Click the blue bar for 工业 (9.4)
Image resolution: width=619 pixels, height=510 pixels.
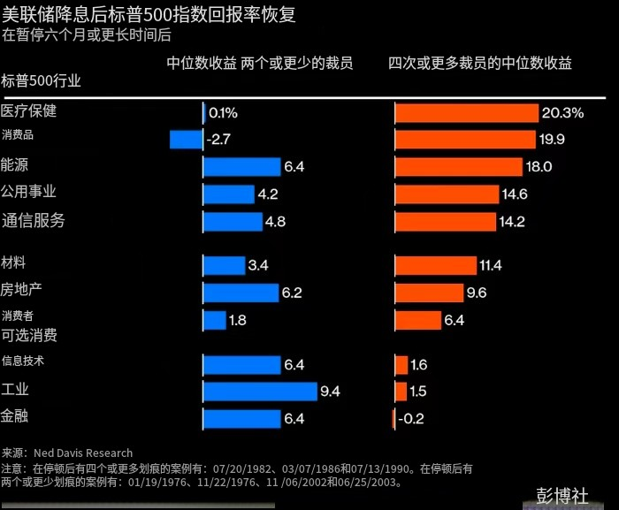click(x=260, y=391)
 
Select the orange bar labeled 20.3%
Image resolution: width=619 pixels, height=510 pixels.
click(x=466, y=112)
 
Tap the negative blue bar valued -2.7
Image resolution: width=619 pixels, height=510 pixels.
click(x=186, y=139)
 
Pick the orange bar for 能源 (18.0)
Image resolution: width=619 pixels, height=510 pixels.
click(x=459, y=166)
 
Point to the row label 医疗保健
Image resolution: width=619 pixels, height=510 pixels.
click(x=29, y=111)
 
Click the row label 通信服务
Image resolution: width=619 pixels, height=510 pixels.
click(x=34, y=220)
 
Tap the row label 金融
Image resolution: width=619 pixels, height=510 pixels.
click(x=15, y=415)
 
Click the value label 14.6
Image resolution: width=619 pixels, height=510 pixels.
click(x=514, y=194)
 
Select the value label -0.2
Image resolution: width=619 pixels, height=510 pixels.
click(x=411, y=419)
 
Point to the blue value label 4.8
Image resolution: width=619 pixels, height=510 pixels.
click(x=275, y=222)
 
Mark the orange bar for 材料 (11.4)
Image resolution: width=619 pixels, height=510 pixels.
click(x=435, y=265)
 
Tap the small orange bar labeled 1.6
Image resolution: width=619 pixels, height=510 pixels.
click(x=401, y=364)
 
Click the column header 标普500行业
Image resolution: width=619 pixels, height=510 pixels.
click(x=42, y=80)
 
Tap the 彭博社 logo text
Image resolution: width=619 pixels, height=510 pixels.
click(x=562, y=496)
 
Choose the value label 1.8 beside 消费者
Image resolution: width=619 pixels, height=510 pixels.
click(x=237, y=320)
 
